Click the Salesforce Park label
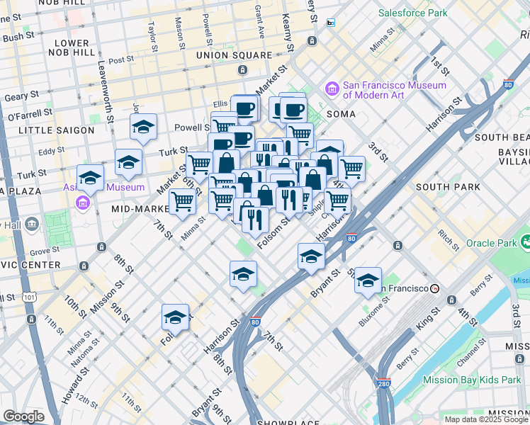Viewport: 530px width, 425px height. [412, 13]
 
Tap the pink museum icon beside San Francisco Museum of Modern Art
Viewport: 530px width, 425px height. [332, 89]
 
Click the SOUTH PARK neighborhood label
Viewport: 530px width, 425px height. [448, 187]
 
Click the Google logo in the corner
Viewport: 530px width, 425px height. [23, 416]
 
